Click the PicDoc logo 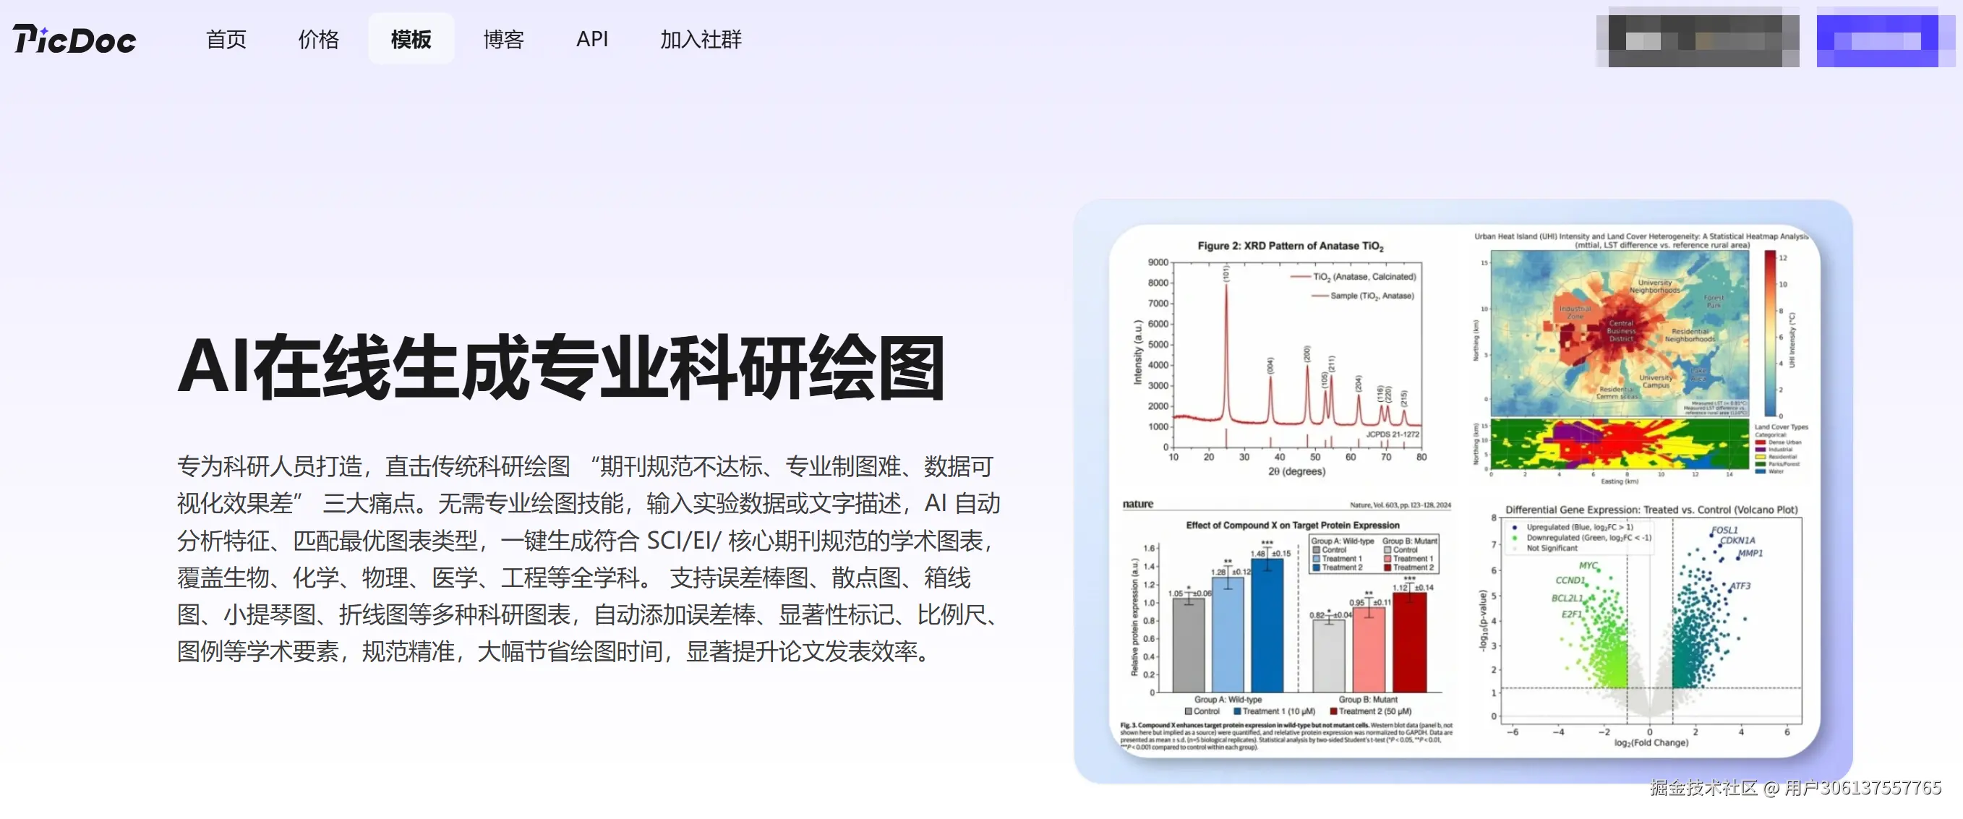coord(74,39)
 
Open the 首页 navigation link coord(226,39)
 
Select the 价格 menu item coord(318,39)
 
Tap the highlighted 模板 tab coord(411,39)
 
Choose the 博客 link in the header coord(503,39)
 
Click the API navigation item coord(592,39)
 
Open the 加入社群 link coord(701,39)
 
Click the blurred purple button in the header coord(1878,40)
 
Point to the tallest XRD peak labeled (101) coord(1226,290)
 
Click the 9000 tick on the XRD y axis coord(1158,262)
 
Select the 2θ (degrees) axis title coord(1296,471)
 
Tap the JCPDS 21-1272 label coord(1393,434)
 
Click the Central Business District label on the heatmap coord(1621,330)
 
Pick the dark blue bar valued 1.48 coord(1267,625)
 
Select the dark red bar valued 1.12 coord(1409,641)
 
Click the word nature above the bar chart coord(1137,504)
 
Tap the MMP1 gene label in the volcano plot coord(1750,553)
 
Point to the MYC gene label coord(1588,565)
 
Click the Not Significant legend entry coord(1552,548)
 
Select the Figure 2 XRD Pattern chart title coord(1289,245)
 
